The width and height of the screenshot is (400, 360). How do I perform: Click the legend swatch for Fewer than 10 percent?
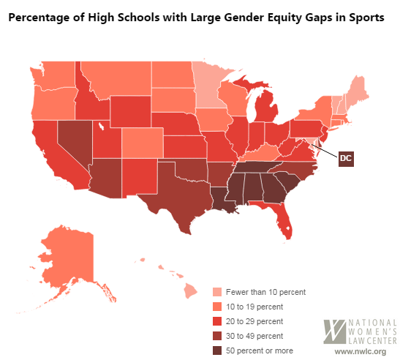(217, 291)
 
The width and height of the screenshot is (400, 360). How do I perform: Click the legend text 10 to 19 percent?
(255, 307)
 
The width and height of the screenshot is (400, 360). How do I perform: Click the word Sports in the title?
(363, 20)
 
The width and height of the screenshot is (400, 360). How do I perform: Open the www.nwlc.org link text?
(361, 351)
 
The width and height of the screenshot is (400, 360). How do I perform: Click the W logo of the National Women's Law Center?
(334, 330)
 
